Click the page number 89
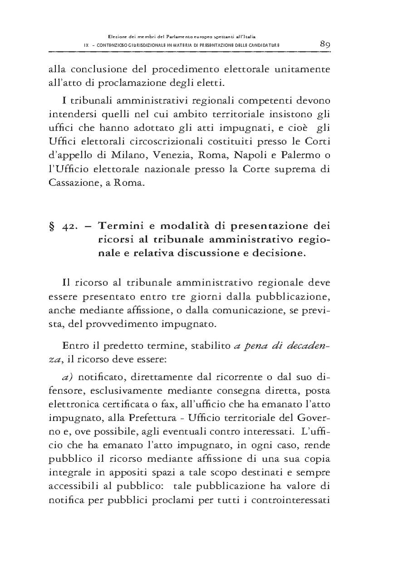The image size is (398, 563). pyautogui.click(x=324, y=44)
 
